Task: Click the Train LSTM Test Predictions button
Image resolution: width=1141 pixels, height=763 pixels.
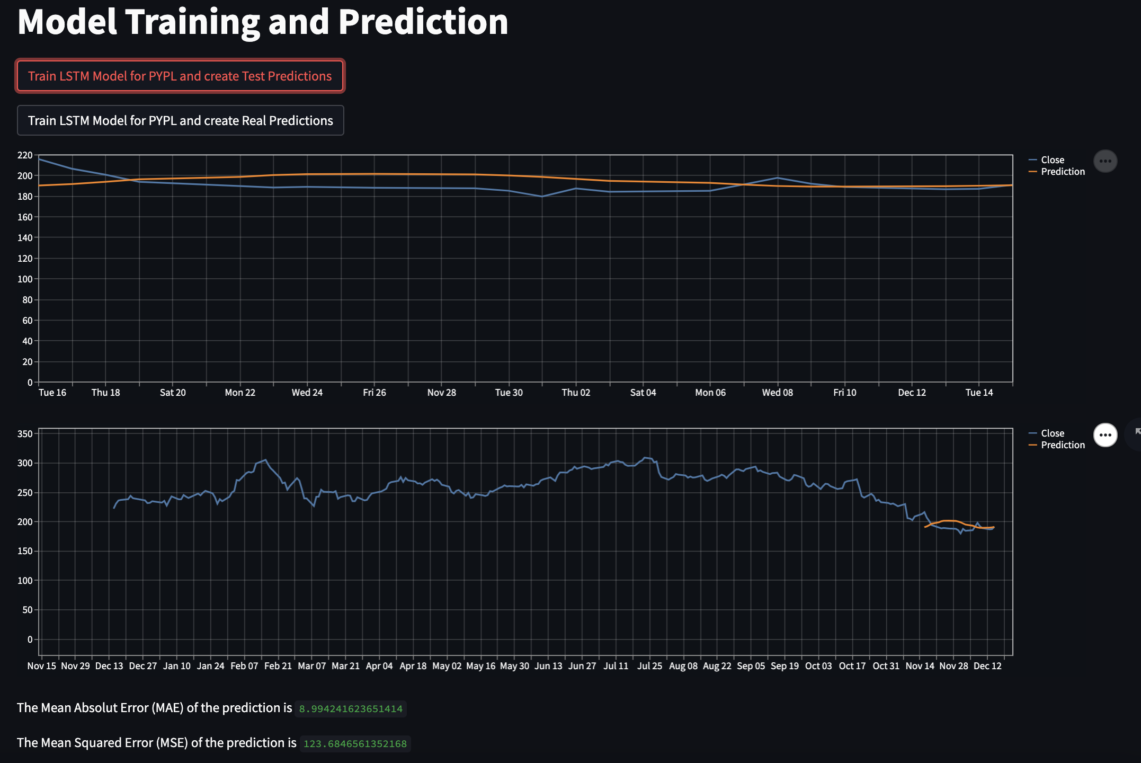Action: [180, 76]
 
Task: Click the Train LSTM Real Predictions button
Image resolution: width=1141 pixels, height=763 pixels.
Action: [180, 121]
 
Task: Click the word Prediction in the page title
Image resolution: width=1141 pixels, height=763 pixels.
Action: [423, 22]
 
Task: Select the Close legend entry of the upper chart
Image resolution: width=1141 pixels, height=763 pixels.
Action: [1052, 160]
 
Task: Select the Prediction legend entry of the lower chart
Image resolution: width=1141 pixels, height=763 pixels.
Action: [1062, 445]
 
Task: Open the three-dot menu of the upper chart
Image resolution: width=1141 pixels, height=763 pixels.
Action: [1105, 161]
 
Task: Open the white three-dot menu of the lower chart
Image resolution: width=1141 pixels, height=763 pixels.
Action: [1105, 435]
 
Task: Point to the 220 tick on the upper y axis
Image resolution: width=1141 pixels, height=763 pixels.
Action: [25, 155]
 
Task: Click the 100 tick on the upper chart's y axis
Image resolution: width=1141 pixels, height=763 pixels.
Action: [25, 279]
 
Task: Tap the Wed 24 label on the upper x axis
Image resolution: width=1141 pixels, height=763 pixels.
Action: [307, 393]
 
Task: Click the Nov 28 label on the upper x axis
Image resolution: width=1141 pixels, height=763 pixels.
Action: [441, 393]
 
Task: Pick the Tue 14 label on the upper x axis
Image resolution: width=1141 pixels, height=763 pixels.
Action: [979, 393]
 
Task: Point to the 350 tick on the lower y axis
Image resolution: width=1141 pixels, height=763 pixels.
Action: [25, 434]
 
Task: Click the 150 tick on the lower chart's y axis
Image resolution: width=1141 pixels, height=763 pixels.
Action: [25, 552]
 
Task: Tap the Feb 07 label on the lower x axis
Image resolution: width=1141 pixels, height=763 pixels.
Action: [244, 666]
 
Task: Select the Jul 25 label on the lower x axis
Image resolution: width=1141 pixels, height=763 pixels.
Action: [649, 666]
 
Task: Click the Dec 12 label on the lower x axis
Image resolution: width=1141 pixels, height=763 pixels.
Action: [987, 666]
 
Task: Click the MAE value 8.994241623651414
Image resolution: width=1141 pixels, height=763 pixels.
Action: [351, 709]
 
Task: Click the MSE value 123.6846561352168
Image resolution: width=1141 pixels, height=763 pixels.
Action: [355, 744]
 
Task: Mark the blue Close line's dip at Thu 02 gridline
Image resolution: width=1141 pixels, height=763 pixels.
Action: [542, 196]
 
